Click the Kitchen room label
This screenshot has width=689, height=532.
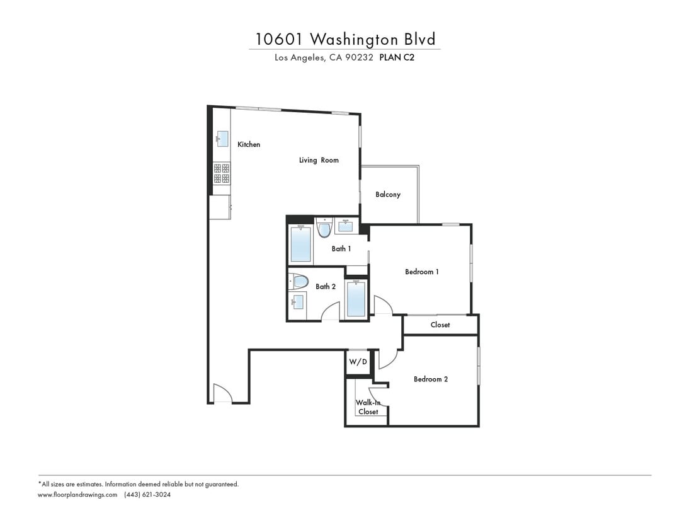click(x=248, y=144)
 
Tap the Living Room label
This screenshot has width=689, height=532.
click(x=319, y=160)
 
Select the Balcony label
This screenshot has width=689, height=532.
click(x=388, y=194)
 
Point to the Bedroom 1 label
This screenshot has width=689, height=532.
click(x=421, y=272)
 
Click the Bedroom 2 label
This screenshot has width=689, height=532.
click(x=431, y=379)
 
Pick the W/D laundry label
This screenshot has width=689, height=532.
click(x=358, y=362)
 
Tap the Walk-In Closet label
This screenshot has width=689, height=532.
click(x=368, y=407)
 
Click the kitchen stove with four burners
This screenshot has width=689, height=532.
click(x=222, y=173)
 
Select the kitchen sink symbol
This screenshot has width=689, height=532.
click(x=222, y=138)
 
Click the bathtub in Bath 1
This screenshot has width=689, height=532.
click(x=300, y=244)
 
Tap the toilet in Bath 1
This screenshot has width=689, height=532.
click(x=324, y=228)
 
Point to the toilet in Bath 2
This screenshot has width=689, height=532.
click(x=299, y=281)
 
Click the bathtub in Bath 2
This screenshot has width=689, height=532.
click(x=356, y=299)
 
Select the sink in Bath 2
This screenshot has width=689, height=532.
click(x=297, y=302)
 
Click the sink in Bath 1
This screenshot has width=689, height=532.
click(x=346, y=226)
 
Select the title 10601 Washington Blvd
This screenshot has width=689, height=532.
click(x=345, y=39)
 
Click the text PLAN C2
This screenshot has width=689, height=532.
click(x=397, y=57)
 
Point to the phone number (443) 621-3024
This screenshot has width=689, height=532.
click(x=147, y=495)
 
